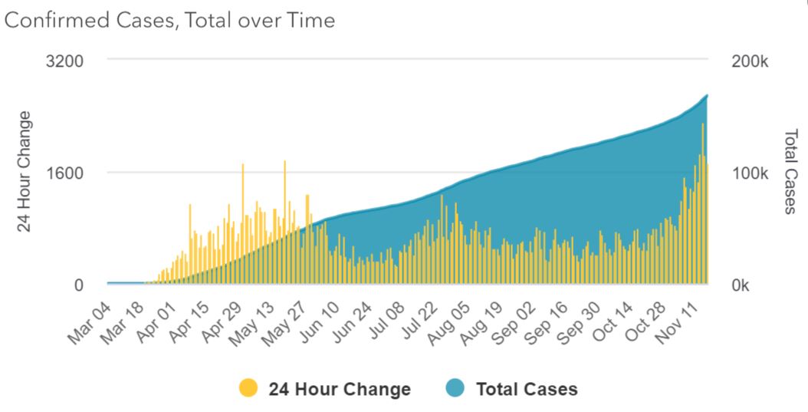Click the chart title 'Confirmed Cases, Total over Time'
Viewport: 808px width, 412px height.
point(170,21)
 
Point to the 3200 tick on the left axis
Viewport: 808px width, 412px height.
point(66,60)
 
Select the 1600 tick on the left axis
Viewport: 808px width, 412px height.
point(66,173)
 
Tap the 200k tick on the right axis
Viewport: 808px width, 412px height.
point(750,61)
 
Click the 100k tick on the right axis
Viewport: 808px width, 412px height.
point(750,173)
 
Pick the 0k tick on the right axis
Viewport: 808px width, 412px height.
point(744,285)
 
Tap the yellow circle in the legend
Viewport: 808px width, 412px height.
point(248,389)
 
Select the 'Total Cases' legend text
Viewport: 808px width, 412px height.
point(527,389)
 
